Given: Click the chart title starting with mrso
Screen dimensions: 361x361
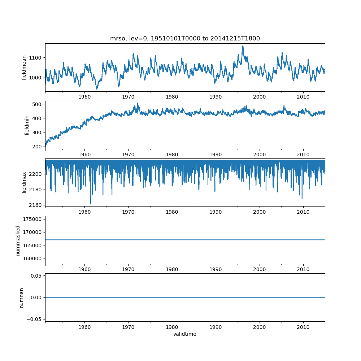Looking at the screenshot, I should tap(185, 39).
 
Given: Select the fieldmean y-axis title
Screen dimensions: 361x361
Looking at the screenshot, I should tap(24, 68).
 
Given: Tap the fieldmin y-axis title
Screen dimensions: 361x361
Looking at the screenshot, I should tap(27, 125).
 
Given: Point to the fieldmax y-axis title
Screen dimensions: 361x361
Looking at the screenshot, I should tap(24, 182).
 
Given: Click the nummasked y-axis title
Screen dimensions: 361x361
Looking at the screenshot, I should tap(18, 240).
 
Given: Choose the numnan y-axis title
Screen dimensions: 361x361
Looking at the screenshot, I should tap(21, 297).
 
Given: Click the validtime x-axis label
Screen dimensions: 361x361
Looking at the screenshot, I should tap(185, 334).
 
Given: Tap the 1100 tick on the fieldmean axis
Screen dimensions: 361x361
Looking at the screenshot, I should tap(36, 58).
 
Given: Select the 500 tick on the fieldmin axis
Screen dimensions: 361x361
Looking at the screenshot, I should tap(38, 104).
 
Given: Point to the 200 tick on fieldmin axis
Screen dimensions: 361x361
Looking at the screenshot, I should tap(38, 147).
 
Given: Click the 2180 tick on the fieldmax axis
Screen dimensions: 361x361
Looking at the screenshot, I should tap(36, 190).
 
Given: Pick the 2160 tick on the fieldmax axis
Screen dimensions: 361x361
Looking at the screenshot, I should tap(36, 205).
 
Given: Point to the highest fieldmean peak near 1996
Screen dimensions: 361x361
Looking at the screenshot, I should tap(243, 46).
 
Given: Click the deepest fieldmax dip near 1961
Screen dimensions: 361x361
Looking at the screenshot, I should tap(91, 204).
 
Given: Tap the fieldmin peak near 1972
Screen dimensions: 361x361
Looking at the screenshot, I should tap(138, 104).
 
